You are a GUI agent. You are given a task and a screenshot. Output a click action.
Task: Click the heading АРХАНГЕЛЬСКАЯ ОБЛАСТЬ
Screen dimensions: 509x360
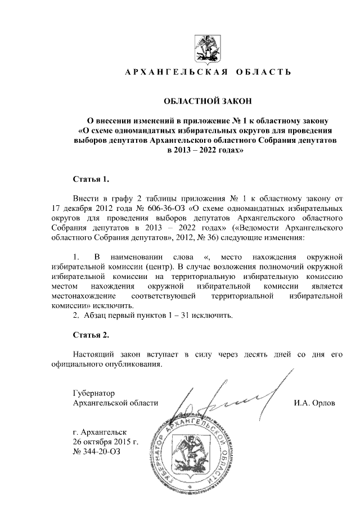pos(208,73)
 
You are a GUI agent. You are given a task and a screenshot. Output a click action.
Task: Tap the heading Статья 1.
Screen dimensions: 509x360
pos(91,179)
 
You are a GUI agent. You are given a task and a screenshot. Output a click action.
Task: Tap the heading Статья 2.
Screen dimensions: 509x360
pos(91,335)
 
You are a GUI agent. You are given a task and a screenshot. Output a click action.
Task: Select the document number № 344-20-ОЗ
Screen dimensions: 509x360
pos(96,452)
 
